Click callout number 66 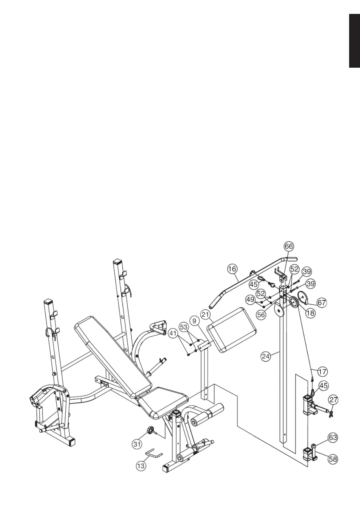click(289, 246)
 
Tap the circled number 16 click(232, 269)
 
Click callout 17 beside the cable click(322, 371)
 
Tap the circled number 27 click(333, 400)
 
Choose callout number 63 click(333, 437)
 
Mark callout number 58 click(333, 459)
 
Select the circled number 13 click(141, 466)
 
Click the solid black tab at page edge click(355, 41)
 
